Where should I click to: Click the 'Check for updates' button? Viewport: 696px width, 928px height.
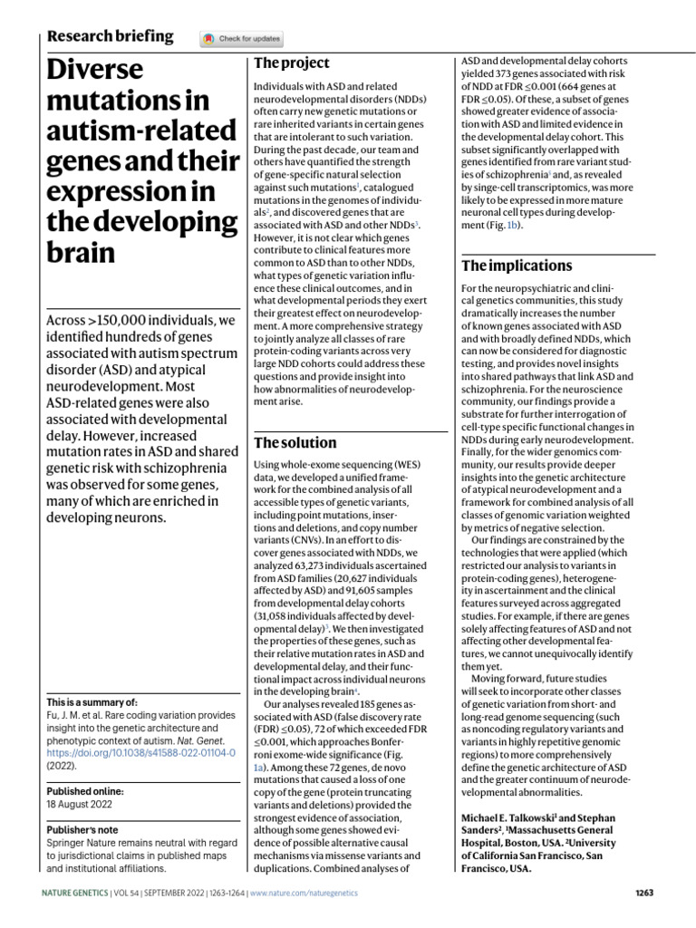[x=242, y=39]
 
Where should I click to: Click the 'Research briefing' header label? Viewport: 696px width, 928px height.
[x=110, y=36]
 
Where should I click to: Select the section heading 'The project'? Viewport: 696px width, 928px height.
[x=291, y=63]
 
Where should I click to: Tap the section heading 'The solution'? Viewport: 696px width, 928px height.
[x=295, y=443]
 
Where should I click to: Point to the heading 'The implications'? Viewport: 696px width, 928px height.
[x=517, y=266]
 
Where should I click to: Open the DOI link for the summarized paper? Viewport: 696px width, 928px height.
[x=140, y=752]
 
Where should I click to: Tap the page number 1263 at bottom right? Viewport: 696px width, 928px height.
[x=643, y=893]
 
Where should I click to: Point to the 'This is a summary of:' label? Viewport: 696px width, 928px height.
[x=91, y=702]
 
